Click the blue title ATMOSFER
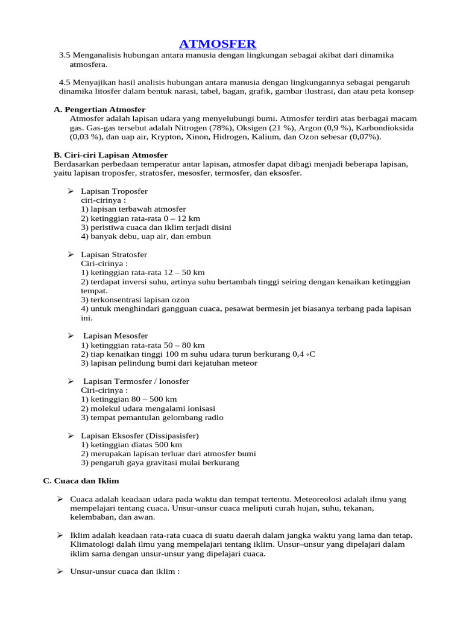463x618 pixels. (x=218, y=43)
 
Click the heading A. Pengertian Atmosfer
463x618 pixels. (x=99, y=109)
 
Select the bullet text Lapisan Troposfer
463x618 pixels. (x=114, y=191)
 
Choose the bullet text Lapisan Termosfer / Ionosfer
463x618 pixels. (x=136, y=381)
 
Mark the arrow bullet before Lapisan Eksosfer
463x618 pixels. (x=71, y=436)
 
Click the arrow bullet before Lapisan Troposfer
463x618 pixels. (x=71, y=191)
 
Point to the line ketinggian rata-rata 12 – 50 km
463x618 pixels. (x=143, y=273)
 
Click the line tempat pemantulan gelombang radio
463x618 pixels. (x=152, y=418)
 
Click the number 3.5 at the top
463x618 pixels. (x=65, y=56)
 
